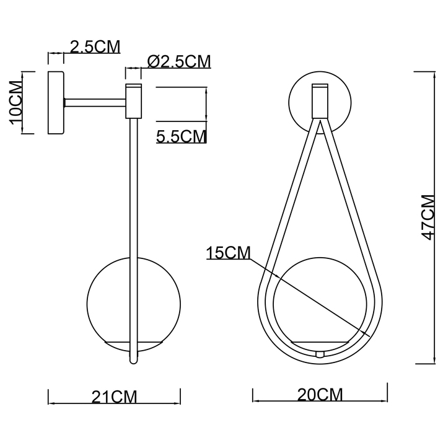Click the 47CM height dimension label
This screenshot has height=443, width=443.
point(427,217)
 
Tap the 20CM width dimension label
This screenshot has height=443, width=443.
point(320,395)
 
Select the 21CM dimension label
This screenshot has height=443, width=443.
point(114,397)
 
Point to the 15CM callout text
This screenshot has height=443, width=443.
point(228,253)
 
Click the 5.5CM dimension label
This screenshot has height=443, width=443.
point(181,136)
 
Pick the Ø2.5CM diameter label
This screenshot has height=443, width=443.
point(179,61)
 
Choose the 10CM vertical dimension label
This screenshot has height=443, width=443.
point(16,103)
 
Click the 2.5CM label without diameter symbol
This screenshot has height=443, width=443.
point(95,46)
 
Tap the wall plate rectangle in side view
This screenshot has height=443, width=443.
point(56,103)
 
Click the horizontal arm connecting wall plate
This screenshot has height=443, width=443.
point(95,103)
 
